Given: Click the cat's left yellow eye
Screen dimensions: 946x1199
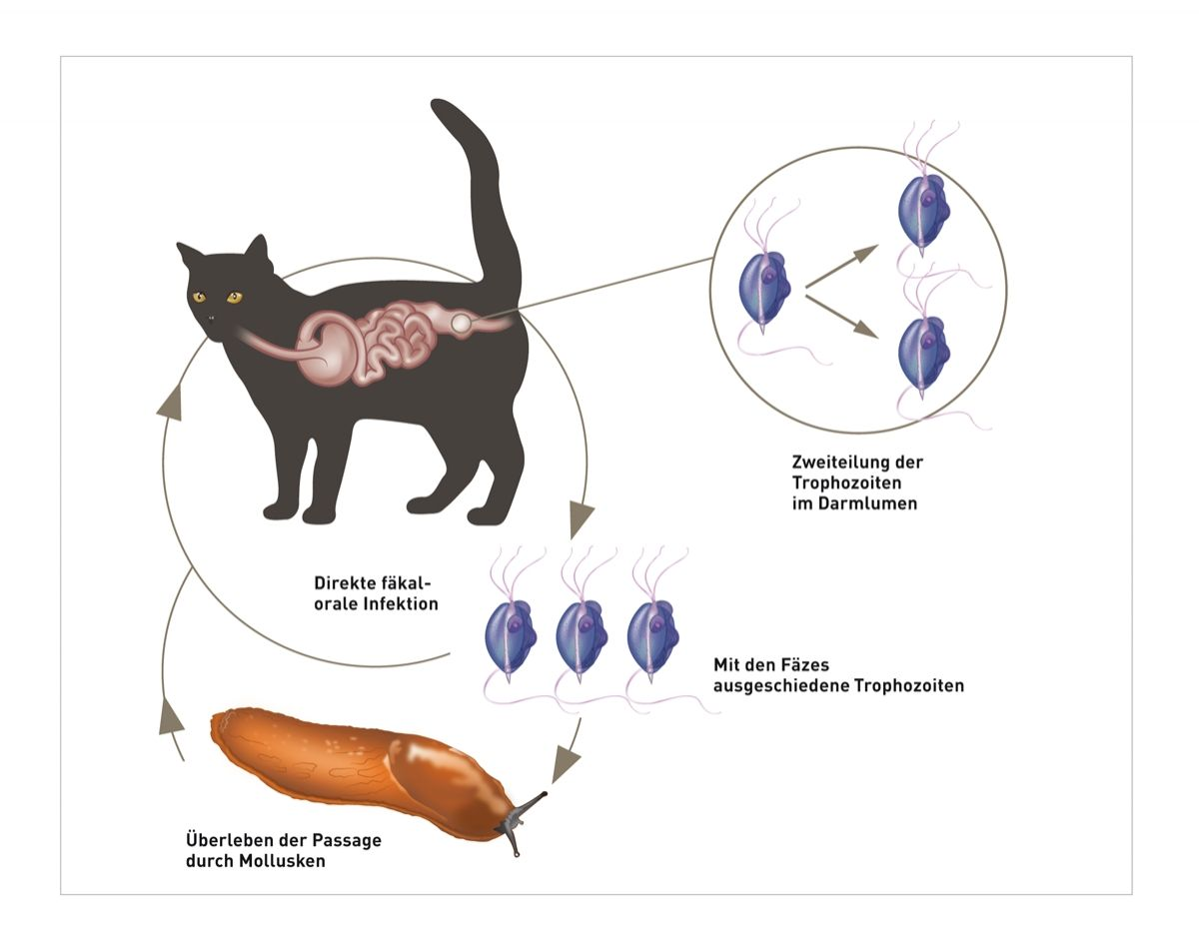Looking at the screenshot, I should (x=199, y=297).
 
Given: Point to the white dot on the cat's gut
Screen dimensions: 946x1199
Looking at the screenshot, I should (x=461, y=323).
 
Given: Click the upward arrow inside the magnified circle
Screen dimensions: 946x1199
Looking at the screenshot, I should (x=843, y=263).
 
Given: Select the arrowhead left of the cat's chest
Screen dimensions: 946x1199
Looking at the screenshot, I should (x=171, y=400).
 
